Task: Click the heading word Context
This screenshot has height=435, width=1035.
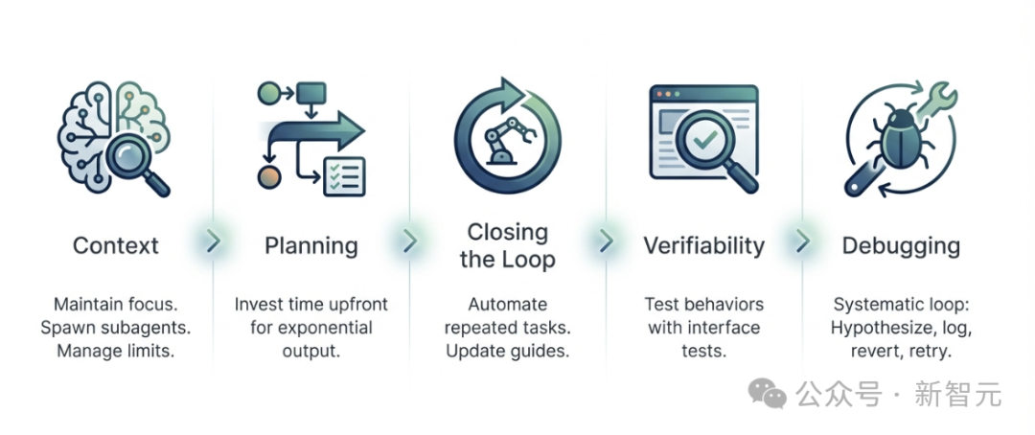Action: click(x=115, y=245)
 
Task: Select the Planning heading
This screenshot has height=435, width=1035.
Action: click(x=311, y=245)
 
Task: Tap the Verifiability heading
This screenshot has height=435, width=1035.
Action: click(x=704, y=245)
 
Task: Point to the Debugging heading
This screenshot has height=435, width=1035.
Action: click(x=900, y=245)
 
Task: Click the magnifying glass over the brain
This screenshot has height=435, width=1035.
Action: click(x=136, y=153)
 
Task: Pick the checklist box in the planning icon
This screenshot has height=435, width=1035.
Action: click(x=344, y=176)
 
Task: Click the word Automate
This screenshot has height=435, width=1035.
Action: click(x=508, y=305)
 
